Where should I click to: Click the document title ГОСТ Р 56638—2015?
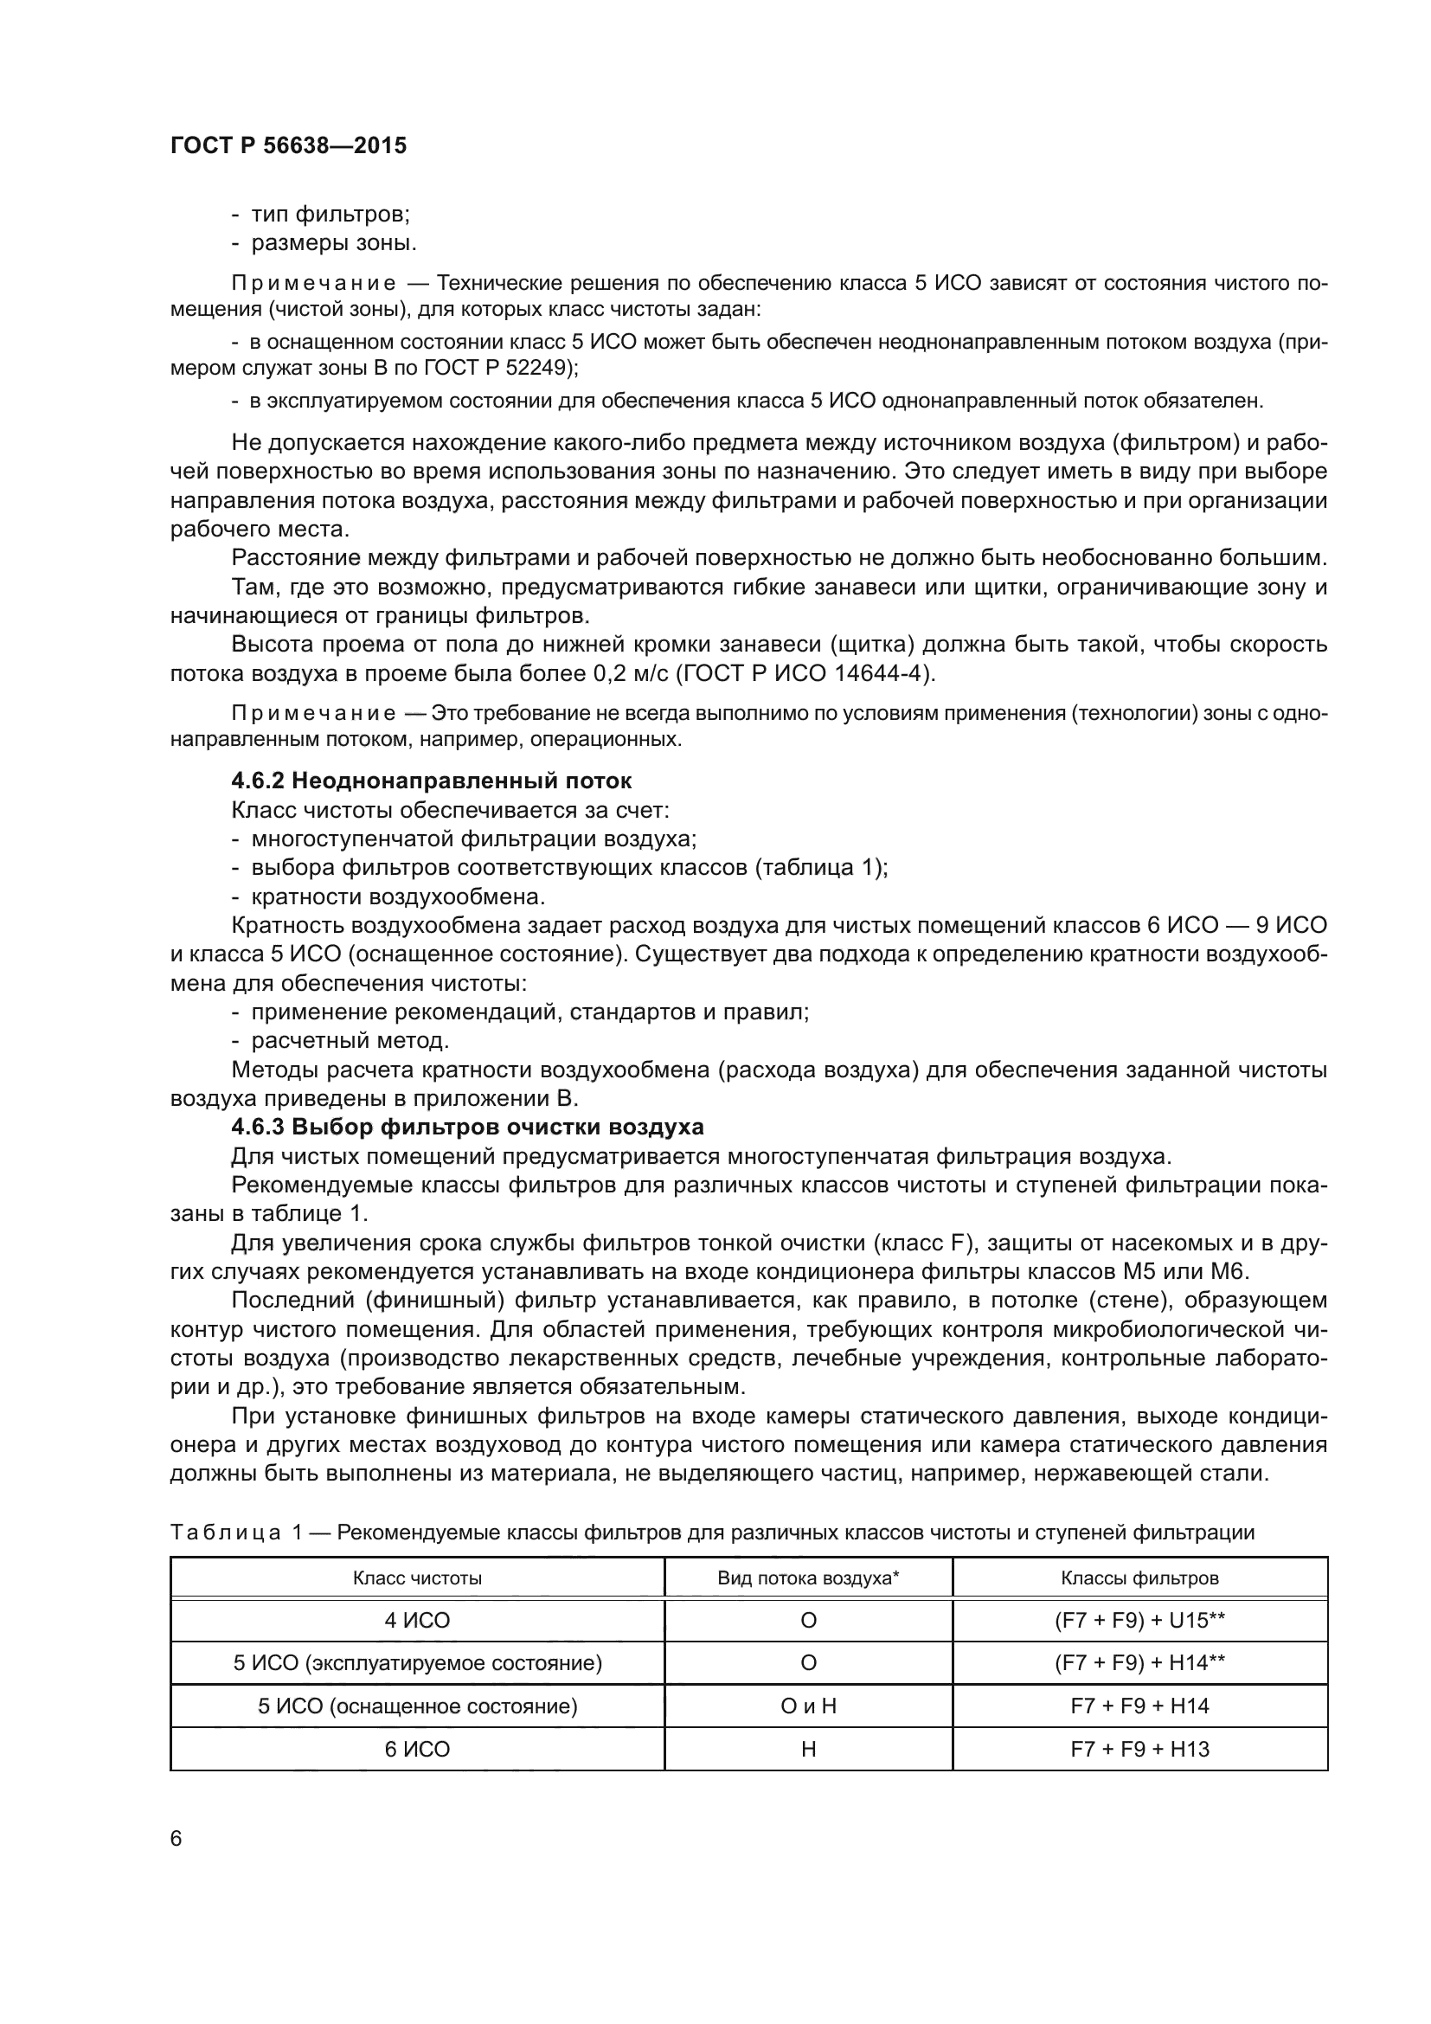click(288, 145)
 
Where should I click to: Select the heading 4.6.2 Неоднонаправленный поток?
click(431, 781)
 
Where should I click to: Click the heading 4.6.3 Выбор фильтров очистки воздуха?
click(467, 1128)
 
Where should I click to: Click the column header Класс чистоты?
click(417, 1578)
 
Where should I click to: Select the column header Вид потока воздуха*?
click(808, 1578)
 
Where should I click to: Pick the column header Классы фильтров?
click(1139, 1578)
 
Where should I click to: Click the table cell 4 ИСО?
click(417, 1620)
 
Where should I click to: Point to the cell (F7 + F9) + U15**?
click(1139, 1620)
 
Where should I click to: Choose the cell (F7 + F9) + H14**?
click(1139, 1662)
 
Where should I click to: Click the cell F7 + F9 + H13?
click(1139, 1749)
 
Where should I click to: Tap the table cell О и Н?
click(808, 1706)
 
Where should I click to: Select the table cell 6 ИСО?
click(417, 1749)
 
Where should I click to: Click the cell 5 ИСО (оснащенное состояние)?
click(417, 1706)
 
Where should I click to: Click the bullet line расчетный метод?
click(350, 1041)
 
